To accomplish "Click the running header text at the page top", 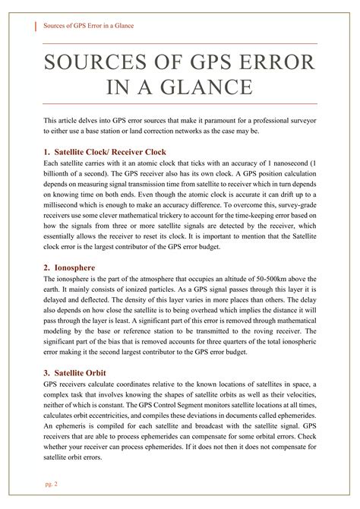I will [88, 26].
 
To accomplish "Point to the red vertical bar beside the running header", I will [38, 26].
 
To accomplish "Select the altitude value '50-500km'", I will [262, 280].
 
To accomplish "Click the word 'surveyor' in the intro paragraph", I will [299, 121].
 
